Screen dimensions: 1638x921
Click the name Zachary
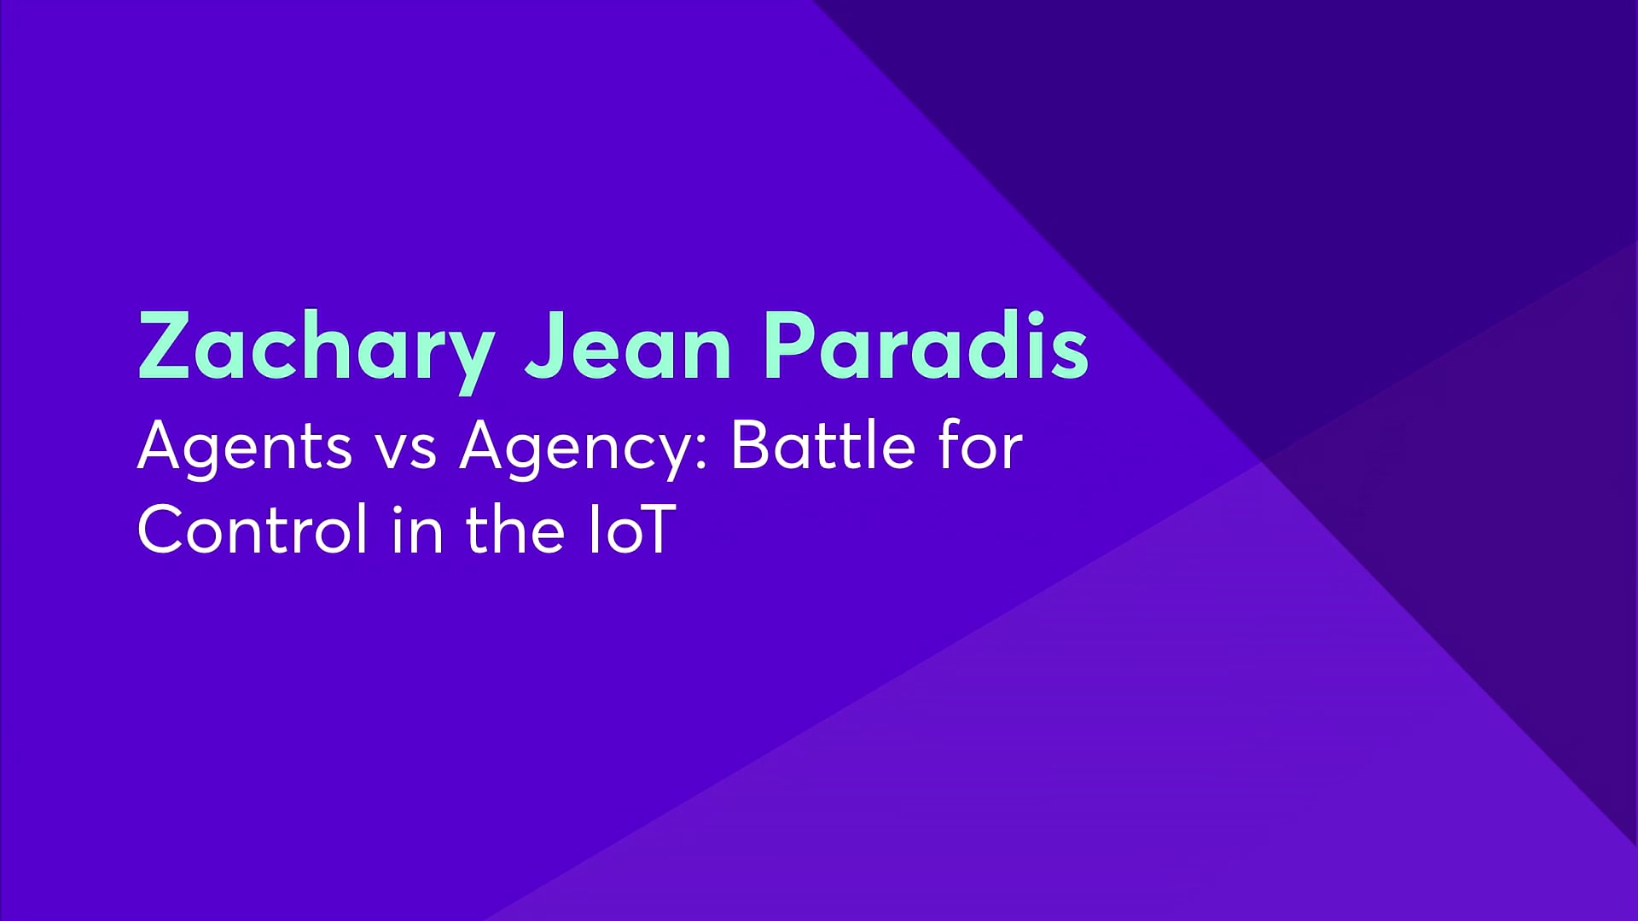tap(317, 350)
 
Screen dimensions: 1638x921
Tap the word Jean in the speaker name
tap(628, 345)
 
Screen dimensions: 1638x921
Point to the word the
tap(515, 528)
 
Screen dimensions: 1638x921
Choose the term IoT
tap(631, 530)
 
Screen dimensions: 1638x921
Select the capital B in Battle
tap(751, 445)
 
